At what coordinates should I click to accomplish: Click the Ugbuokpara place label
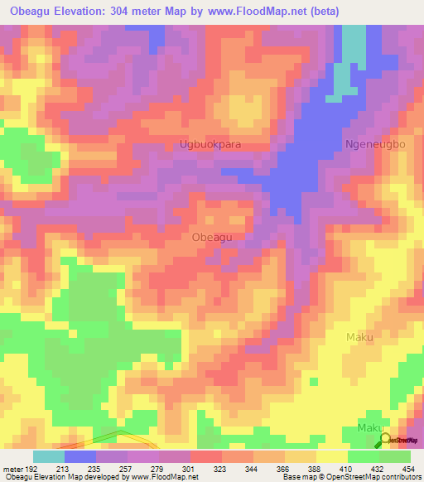point(210,144)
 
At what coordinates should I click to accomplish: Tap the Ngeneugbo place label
point(375,144)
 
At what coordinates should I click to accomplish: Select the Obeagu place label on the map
point(211,237)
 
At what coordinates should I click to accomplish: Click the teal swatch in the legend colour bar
point(49,456)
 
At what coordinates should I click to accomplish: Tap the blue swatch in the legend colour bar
point(80,456)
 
